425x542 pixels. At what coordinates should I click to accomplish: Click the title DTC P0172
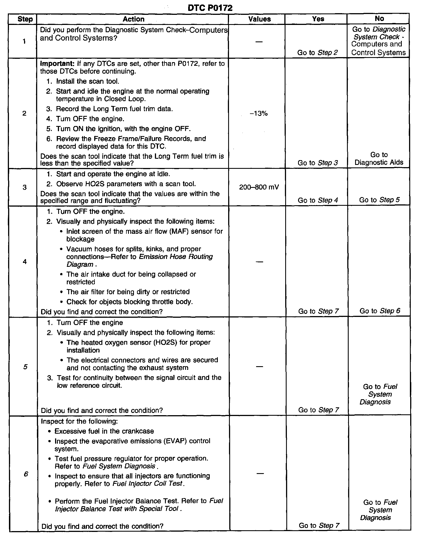click(x=210, y=8)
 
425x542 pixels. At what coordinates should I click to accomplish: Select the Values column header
click(x=259, y=19)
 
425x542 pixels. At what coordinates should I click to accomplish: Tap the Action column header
click(x=133, y=19)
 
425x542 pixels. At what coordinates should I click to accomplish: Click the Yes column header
click(x=318, y=19)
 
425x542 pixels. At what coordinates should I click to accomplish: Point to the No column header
click(x=379, y=18)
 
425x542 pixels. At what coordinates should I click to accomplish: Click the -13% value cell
click(x=259, y=113)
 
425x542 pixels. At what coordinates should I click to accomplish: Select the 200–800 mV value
click(x=259, y=187)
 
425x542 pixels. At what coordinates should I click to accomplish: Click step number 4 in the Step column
click(x=25, y=262)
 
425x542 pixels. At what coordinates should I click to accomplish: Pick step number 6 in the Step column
click(x=26, y=474)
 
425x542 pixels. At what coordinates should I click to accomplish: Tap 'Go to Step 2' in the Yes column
click(x=317, y=53)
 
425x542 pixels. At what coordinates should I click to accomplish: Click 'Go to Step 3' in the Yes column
click(x=318, y=163)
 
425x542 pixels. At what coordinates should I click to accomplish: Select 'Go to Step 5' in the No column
click(x=379, y=200)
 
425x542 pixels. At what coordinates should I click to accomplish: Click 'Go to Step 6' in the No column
click(x=380, y=311)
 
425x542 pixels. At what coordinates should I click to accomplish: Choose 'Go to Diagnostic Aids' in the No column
click(x=379, y=159)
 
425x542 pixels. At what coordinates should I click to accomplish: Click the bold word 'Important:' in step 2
click(x=57, y=64)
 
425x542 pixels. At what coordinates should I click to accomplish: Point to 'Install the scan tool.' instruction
click(x=88, y=81)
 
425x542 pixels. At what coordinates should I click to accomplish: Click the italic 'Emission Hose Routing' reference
click(x=176, y=257)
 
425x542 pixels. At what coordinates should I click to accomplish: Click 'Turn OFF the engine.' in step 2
click(x=90, y=119)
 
